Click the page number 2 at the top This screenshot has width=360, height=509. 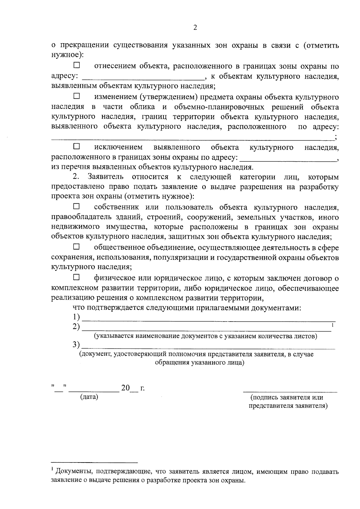195,28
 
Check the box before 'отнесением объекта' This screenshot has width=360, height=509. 77,65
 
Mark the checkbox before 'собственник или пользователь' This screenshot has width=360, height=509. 77,206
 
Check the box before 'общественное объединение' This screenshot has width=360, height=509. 77,247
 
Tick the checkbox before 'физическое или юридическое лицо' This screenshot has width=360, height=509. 77,277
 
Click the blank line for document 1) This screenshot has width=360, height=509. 208,320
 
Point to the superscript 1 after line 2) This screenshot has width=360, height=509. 333,325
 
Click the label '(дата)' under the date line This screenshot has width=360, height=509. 89,397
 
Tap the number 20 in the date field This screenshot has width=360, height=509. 125,388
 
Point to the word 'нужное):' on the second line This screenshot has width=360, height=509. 67,55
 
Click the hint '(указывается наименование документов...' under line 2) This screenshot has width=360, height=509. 205,336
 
